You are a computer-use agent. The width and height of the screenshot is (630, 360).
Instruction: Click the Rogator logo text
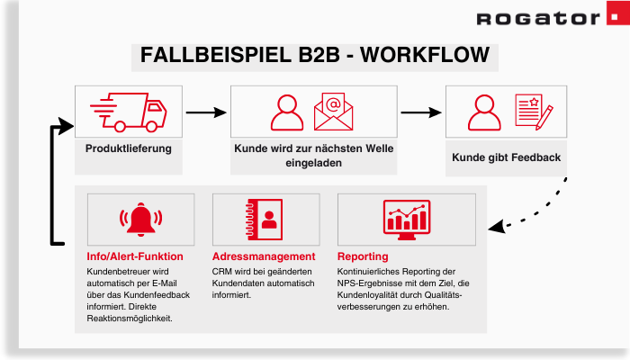(x=534, y=19)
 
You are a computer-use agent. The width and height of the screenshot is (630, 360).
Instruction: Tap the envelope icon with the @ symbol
(x=333, y=112)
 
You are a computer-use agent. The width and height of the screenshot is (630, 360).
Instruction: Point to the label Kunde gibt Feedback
(x=506, y=157)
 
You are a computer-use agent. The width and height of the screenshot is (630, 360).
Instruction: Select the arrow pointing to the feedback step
(x=419, y=112)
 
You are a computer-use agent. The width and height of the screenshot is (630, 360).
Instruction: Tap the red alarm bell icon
(x=139, y=220)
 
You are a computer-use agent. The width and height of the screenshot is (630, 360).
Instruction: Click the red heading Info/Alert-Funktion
(x=134, y=256)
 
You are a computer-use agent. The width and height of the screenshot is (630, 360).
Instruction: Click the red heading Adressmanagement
(x=264, y=256)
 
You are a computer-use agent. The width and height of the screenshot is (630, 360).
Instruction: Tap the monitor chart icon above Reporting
(x=403, y=219)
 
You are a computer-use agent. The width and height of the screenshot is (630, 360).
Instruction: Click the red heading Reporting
(x=363, y=256)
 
